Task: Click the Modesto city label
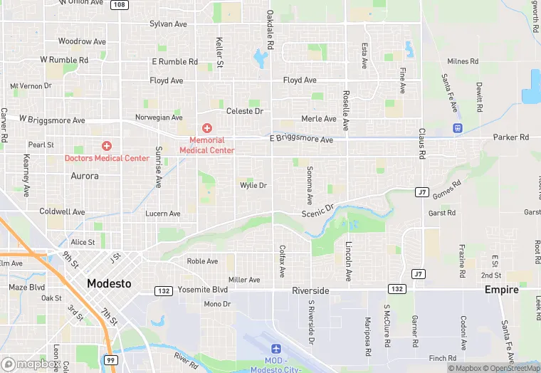[109, 283]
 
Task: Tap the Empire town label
[501, 290]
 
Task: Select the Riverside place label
[310, 290]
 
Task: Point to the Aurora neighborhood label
[85, 175]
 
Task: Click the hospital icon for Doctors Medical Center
[107, 145]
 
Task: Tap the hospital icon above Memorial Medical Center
[206, 128]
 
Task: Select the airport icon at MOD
[276, 349]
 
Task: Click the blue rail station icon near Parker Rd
[457, 128]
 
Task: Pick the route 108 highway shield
[120, 5]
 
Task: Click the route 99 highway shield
[110, 360]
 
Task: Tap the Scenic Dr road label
[317, 211]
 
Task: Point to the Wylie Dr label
[253, 185]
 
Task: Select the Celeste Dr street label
[245, 112]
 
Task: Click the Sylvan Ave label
[168, 24]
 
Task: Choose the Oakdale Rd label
[270, 30]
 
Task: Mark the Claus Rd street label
[421, 144]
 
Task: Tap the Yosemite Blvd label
[203, 290]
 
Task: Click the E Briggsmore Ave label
[301, 140]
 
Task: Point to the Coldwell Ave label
[62, 211]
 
